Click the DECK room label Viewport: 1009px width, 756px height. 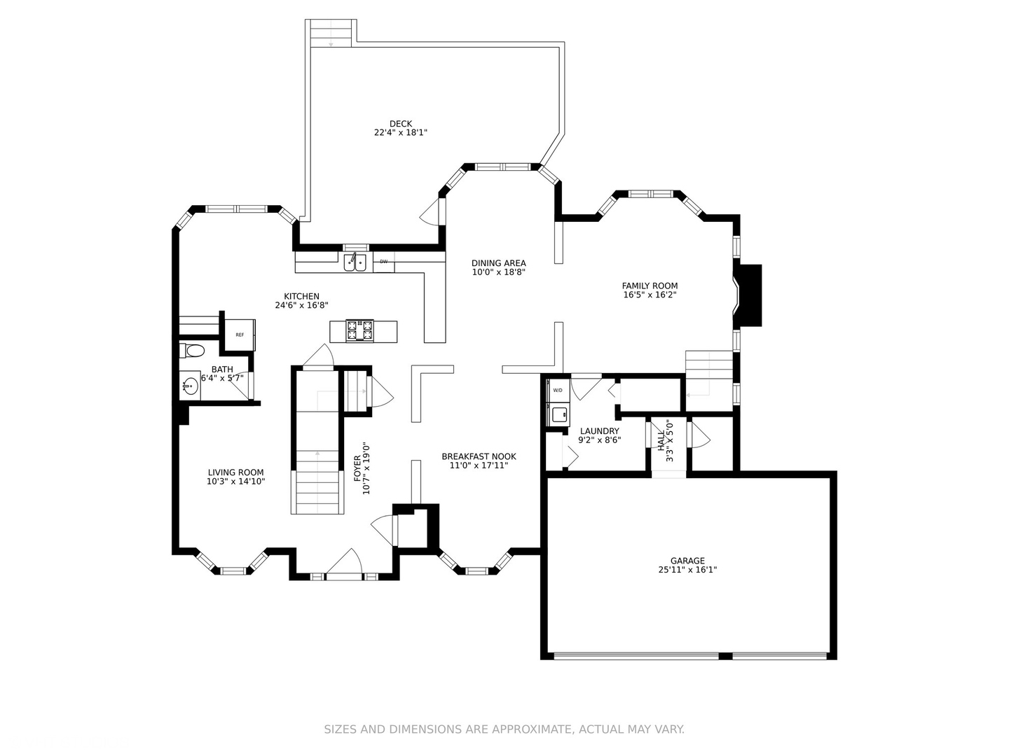click(x=400, y=123)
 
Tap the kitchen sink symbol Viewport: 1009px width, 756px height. click(x=355, y=262)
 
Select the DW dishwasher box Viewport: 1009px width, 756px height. click(x=383, y=262)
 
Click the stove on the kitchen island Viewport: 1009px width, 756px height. click(x=359, y=331)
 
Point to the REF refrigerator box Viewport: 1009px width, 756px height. click(x=240, y=335)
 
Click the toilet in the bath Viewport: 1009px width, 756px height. click(x=192, y=351)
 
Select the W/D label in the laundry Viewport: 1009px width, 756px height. click(x=558, y=390)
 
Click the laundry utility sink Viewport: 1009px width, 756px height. click(x=559, y=414)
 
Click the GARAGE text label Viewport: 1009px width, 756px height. click(x=687, y=561)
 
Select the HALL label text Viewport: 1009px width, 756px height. click(x=661, y=440)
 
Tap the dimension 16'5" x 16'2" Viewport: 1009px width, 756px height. click(x=650, y=295)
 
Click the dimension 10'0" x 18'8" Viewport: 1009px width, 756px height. click(x=498, y=272)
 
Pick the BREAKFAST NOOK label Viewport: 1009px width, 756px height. click(x=479, y=456)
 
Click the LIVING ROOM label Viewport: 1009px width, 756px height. click(x=236, y=472)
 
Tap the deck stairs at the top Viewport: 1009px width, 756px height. click(x=331, y=33)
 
